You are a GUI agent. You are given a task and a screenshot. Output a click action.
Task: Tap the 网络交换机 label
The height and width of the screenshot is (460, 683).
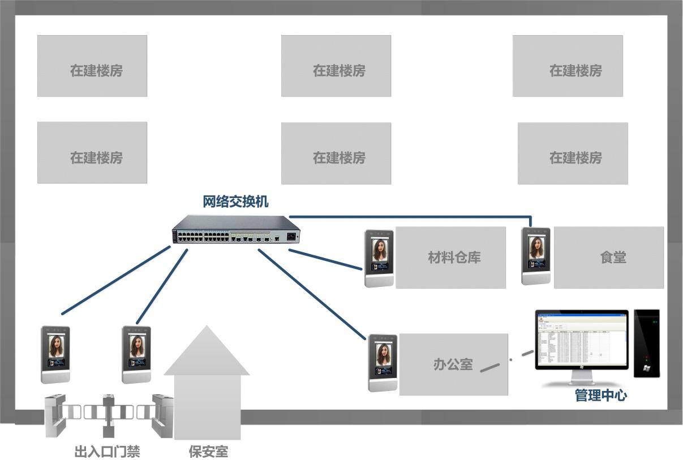coord(235,201)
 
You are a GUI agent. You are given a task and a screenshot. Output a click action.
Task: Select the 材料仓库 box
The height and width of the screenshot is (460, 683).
coord(450,257)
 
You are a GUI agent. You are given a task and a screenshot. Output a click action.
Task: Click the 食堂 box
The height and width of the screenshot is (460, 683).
coord(608,257)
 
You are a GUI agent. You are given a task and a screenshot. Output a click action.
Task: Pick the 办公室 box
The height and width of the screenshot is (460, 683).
coord(453,364)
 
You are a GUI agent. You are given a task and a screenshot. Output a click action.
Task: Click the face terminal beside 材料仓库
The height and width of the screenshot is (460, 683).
coord(379,258)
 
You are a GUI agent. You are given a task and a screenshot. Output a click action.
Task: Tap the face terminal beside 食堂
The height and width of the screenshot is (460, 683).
coord(536,256)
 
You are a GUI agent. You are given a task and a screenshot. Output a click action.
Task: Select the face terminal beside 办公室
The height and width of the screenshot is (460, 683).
coord(383,363)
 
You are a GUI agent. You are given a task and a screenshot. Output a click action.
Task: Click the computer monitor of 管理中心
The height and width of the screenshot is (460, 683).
coord(582,339)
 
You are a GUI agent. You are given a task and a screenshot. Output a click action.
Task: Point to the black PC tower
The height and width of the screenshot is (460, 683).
coord(647,343)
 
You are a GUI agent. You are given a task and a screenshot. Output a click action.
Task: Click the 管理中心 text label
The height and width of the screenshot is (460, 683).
coord(600,395)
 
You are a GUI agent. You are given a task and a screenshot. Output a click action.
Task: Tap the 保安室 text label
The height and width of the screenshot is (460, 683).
coord(208,452)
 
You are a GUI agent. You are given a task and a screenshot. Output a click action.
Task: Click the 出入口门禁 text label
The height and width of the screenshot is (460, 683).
coord(107,452)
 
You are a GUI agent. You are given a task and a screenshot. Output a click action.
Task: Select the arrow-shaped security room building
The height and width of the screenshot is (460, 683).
coord(207,385)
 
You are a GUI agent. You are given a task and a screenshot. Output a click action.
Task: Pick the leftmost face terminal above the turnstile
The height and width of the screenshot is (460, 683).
coord(55,354)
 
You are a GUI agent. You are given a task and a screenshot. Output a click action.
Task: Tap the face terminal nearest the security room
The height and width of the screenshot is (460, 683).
coord(136,354)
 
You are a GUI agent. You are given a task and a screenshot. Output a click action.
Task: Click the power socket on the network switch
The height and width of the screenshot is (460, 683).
coord(292,237)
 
